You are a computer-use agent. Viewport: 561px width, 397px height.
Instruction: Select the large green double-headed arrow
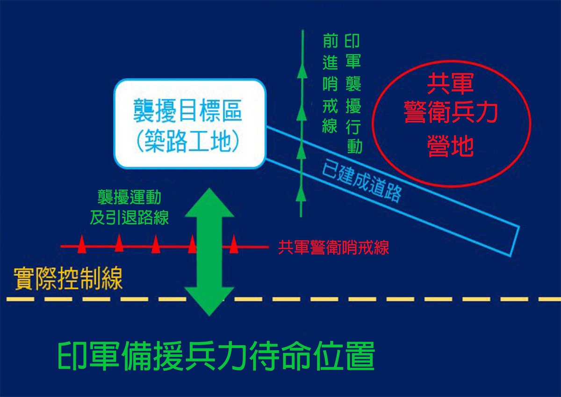209,251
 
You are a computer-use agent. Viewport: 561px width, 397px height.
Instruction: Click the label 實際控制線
68,278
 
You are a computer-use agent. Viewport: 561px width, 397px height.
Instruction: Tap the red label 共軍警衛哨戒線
334,247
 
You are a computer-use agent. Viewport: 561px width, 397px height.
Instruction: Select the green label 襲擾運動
129,198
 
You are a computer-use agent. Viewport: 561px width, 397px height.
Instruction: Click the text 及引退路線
129,217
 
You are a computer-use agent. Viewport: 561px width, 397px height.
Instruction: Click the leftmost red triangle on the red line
82,244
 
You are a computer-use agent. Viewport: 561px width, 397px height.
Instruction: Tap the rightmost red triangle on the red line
234,244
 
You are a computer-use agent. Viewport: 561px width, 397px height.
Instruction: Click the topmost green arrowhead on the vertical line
302,71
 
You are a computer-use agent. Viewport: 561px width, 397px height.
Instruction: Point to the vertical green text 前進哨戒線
330,84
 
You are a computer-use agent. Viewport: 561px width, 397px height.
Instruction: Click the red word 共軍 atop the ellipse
450,85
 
